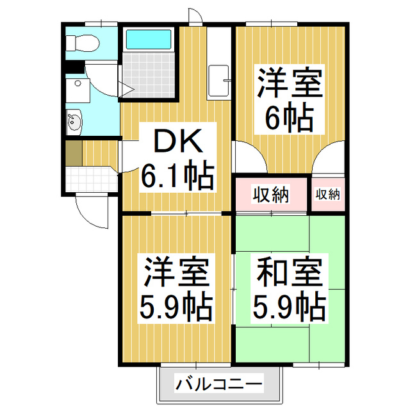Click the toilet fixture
pyautogui.click(x=83, y=43)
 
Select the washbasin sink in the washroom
pyautogui.click(x=74, y=121)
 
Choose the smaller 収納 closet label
pyautogui.click(x=328, y=194)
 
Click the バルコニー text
pyautogui.click(x=219, y=386)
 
